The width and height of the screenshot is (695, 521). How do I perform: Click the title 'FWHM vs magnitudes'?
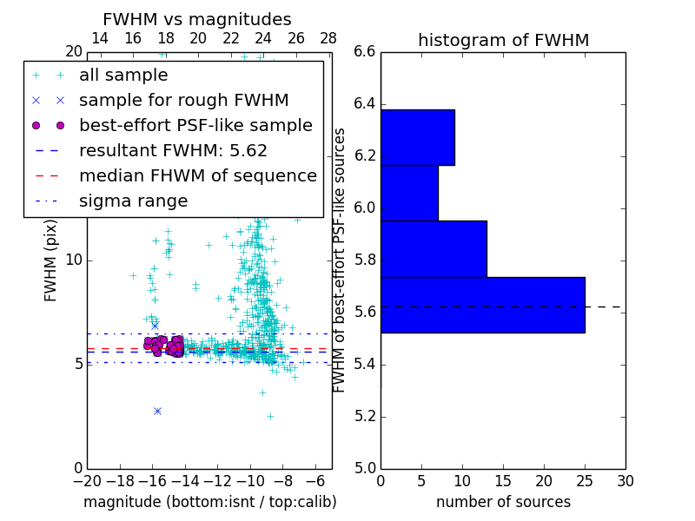tap(196, 19)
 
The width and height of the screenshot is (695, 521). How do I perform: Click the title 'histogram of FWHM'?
tap(503, 40)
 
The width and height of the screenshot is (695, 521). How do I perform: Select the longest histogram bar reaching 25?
tap(482, 305)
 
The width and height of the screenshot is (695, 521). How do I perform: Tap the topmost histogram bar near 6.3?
tap(417, 137)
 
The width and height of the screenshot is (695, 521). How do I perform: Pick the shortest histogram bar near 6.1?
tap(409, 193)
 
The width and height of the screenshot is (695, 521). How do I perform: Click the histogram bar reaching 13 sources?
tap(434, 248)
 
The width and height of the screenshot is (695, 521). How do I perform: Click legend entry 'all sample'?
tap(123, 76)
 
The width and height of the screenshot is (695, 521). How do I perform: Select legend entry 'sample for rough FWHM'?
tap(183, 100)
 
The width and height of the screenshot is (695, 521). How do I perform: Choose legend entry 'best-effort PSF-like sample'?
tap(195, 125)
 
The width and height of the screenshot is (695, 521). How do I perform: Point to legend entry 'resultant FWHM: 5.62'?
tap(173, 150)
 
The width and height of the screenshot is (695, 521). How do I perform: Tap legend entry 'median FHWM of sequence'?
tap(197, 175)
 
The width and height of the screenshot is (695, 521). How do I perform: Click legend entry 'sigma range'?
tap(133, 201)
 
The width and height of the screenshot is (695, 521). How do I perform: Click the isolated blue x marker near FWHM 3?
tap(157, 411)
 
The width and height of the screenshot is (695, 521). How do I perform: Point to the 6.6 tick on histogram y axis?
tap(365, 52)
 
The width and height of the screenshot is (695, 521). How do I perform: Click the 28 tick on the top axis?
tap(328, 38)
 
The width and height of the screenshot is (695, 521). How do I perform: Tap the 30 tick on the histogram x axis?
tap(625, 481)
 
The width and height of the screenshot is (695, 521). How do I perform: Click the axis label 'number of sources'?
tap(503, 502)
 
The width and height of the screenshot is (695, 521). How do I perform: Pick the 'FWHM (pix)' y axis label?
tap(51, 260)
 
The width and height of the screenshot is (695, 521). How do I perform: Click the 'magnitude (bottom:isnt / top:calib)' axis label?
tap(209, 502)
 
